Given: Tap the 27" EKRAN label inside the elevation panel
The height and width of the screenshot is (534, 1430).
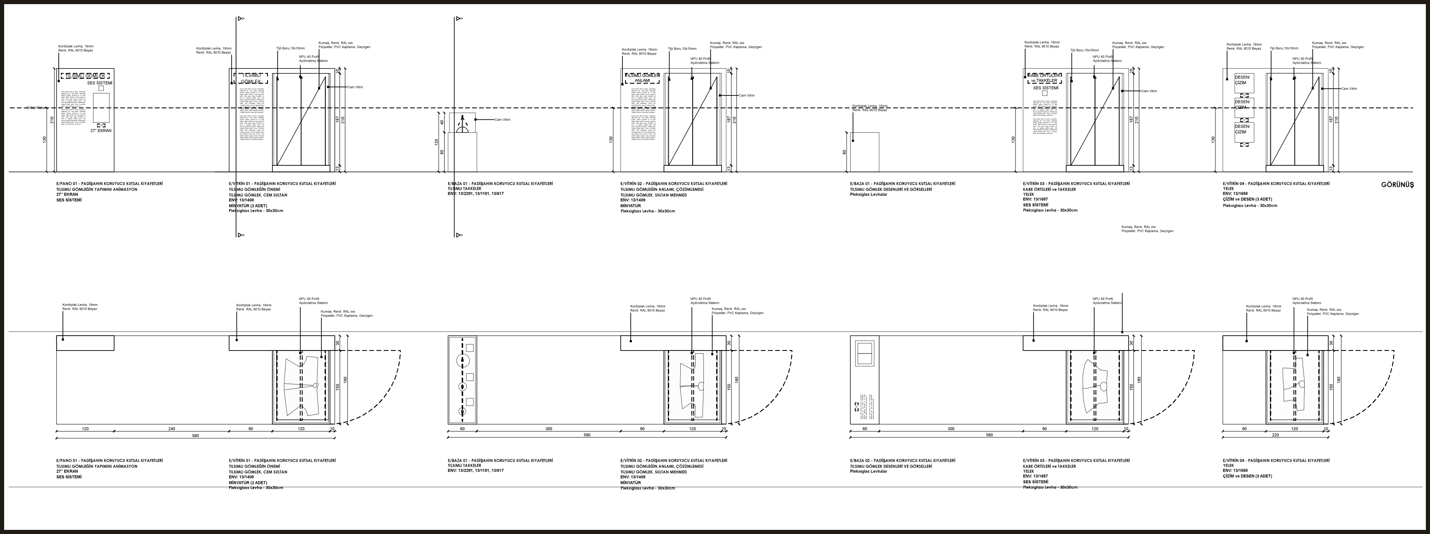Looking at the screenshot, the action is tap(101, 131).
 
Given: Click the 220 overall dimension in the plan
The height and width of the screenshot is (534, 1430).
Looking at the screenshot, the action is tap(1275, 435).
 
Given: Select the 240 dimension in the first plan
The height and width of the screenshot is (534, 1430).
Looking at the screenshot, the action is tap(172, 429).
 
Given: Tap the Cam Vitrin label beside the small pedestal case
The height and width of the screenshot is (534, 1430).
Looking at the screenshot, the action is tap(502, 120).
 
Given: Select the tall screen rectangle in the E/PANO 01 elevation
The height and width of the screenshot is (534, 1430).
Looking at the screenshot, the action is tap(101, 107).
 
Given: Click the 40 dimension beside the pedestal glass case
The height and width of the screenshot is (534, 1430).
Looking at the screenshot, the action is tap(442, 123).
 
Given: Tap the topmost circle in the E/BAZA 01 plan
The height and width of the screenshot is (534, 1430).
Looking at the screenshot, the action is tap(462, 360).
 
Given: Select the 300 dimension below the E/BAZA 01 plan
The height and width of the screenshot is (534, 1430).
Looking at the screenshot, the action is tap(548, 429).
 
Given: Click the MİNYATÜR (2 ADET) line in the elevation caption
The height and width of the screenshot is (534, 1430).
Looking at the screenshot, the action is tap(248, 205).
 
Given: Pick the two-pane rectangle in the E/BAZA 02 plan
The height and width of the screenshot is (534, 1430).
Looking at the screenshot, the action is tap(864, 352).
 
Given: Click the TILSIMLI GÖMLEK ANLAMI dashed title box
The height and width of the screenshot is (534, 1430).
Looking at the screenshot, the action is tap(642, 78).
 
